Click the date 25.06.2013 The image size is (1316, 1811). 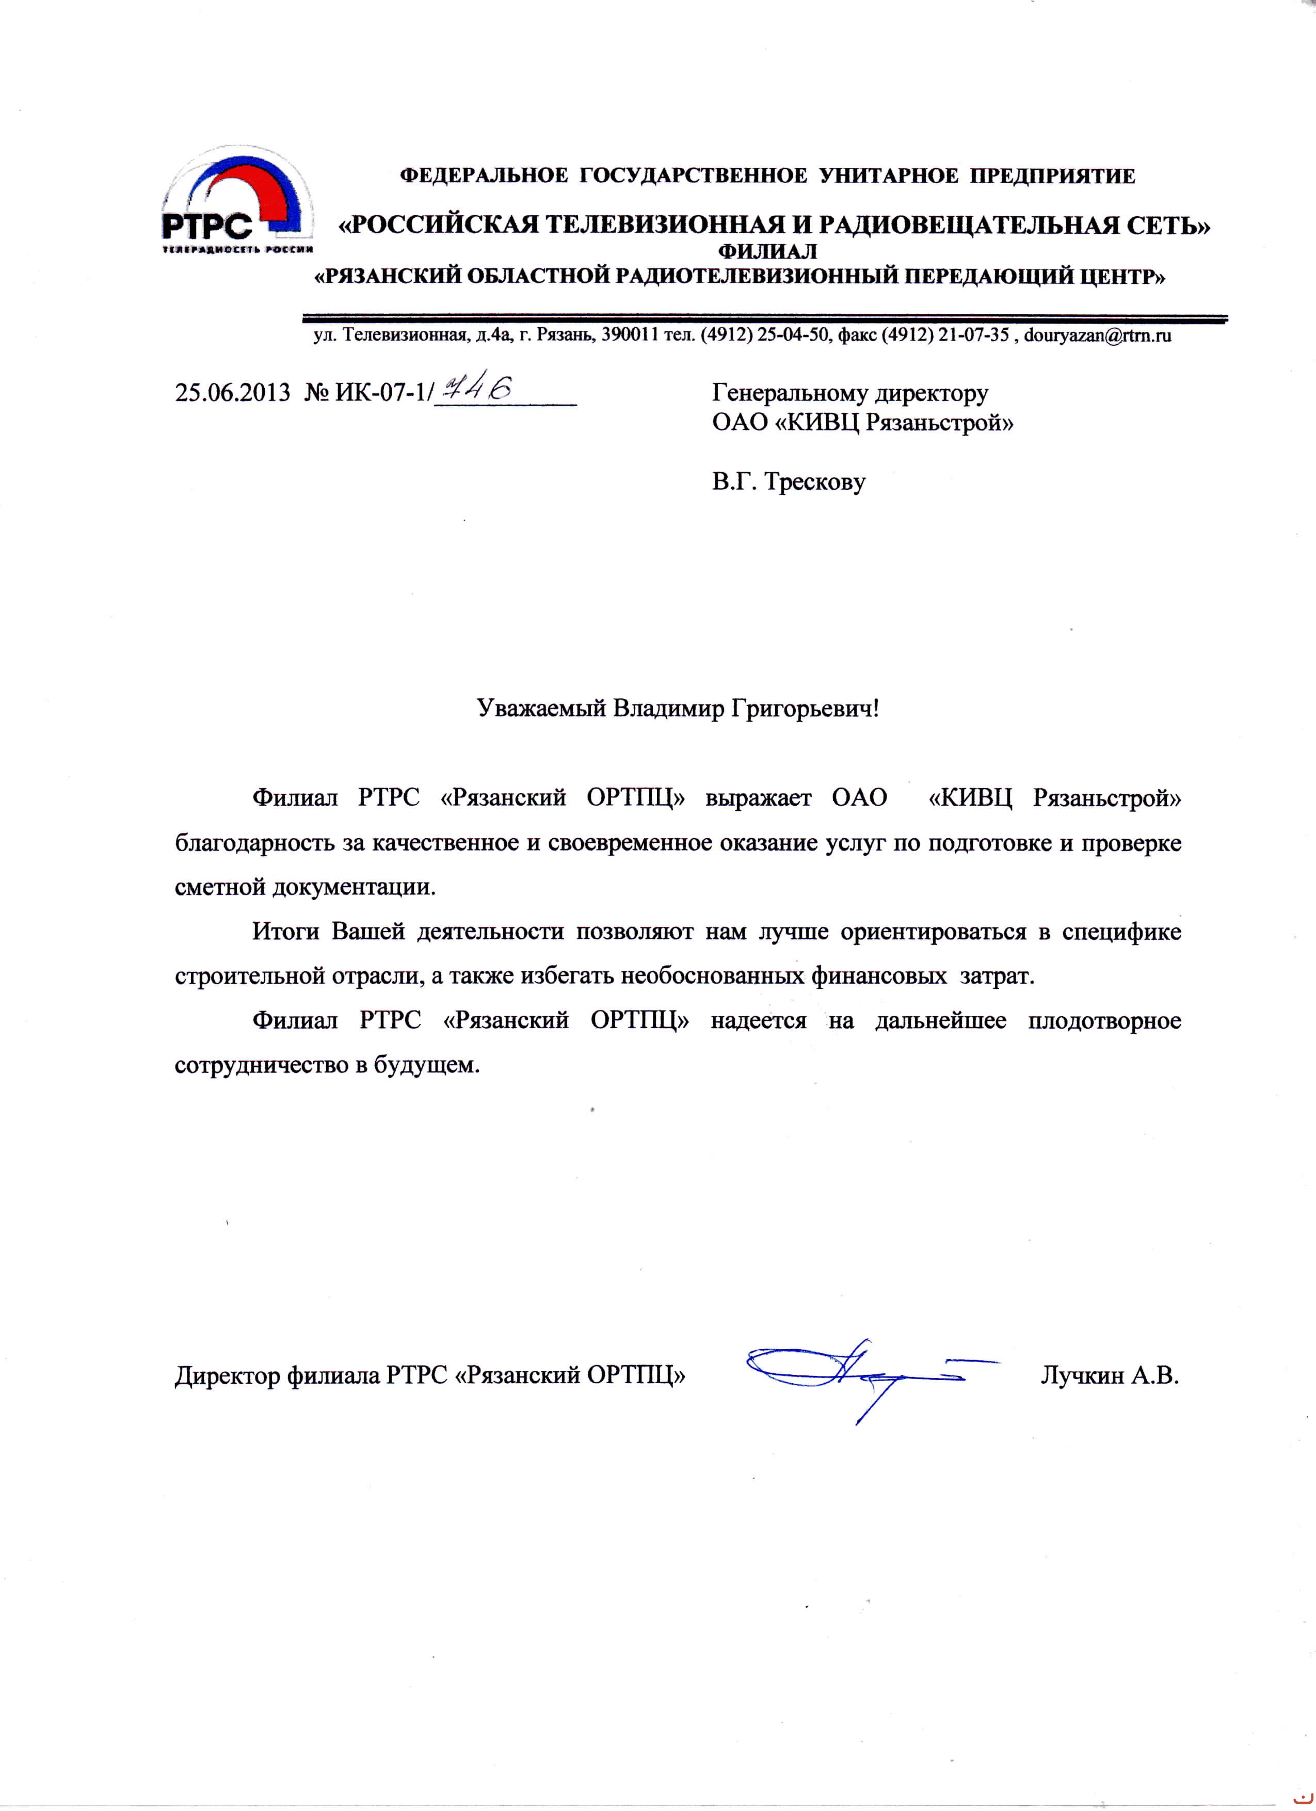232,394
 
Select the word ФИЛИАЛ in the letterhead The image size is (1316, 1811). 768,252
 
